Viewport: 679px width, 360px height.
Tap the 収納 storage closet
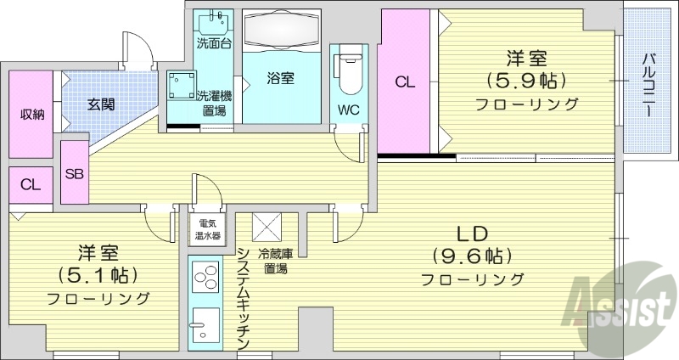pos(32,114)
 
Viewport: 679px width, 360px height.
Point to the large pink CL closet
pos(405,82)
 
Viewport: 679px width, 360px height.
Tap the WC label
pos(347,109)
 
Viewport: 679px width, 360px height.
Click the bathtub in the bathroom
pos(281,32)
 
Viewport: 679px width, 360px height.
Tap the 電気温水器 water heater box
pos(205,228)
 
